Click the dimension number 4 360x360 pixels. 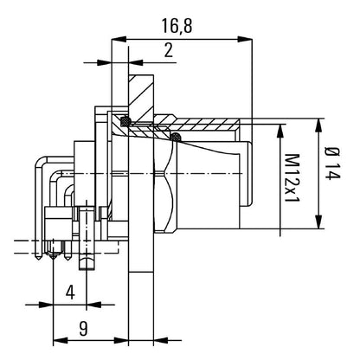coord(70,292)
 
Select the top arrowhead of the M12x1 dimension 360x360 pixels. coord(280,130)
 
